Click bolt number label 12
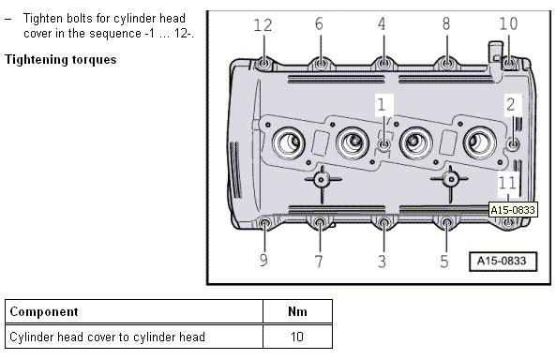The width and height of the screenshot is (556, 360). pos(263,25)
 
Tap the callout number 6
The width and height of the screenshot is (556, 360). pos(319,23)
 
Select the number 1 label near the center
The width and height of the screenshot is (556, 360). pos(382,105)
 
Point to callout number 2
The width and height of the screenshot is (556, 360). pos(511,105)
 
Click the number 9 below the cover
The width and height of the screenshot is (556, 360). pos(263,260)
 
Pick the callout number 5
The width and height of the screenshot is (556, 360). pos(444,261)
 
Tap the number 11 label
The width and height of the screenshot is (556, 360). pos(507,183)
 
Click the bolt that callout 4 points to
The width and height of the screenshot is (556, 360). pos(383,64)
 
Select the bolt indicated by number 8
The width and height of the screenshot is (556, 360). pos(447,64)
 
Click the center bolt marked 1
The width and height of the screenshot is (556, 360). pos(384,144)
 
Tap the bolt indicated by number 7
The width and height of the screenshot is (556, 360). pos(320,223)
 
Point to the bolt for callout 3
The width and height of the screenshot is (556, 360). pos(383,223)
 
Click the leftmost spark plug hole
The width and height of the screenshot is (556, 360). pos(289,142)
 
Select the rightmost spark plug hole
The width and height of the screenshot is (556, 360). pos(479,142)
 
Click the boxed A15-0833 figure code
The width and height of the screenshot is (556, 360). pos(503,262)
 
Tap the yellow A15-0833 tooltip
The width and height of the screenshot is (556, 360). pos(512,210)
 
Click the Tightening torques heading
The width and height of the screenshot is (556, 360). pos(61,60)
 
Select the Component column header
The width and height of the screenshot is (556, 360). pos(44,311)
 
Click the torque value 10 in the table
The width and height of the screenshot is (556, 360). pos(297,337)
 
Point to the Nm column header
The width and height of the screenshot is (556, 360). pos(297,311)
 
